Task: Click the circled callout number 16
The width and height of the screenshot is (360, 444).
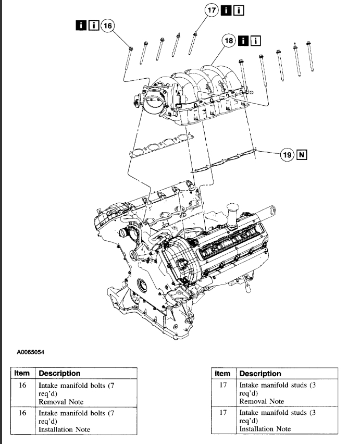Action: point(107,25)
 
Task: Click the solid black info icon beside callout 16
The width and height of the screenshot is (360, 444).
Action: point(81,25)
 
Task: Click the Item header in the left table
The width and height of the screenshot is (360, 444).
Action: point(22,373)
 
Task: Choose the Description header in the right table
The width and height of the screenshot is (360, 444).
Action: point(260,373)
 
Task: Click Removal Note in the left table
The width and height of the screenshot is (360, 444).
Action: point(61,402)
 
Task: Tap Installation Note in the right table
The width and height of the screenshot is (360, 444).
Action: point(265,428)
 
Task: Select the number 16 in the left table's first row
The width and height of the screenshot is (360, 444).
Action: point(22,385)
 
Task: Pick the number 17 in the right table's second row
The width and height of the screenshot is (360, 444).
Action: point(222,412)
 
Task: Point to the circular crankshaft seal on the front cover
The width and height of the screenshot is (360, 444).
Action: point(142,285)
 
